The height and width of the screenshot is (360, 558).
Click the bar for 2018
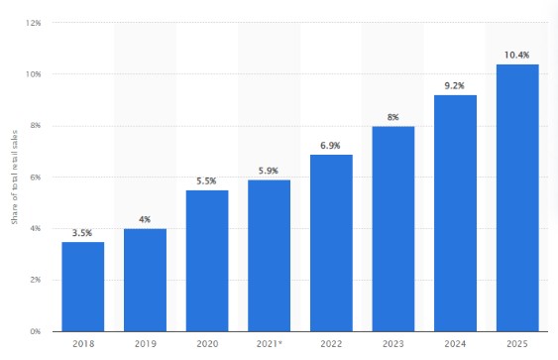click(82, 287)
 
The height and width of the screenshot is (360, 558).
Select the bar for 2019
click(145, 280)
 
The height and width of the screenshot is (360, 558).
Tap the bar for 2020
click(207, 261)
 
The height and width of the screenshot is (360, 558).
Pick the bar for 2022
click(331, 243)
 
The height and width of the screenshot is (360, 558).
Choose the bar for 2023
click(393, 229)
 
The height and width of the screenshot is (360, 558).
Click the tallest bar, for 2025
click(517, 198)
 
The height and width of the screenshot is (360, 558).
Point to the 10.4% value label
click(517, 54)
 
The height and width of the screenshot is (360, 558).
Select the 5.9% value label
click(269, 169)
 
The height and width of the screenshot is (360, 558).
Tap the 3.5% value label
click(82, 231)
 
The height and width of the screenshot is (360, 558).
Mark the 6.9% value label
click(331, 144)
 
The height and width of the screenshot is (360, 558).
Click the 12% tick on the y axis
click(33, 23)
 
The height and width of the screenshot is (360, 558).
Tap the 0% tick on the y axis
click(35, 331)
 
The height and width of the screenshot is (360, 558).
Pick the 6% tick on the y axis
click(35, 177)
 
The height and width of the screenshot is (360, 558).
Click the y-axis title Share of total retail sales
click(14, 178)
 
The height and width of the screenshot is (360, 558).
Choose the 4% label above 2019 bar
click(145, 218)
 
